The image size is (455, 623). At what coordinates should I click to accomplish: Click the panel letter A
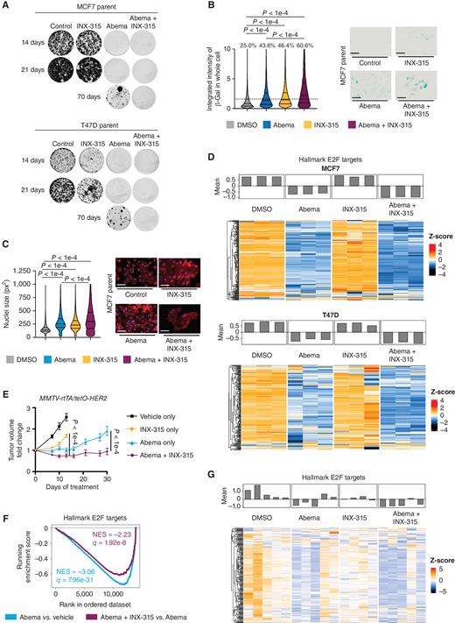[6, 6]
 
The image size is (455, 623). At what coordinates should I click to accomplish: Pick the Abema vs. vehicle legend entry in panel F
[44, 612]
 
